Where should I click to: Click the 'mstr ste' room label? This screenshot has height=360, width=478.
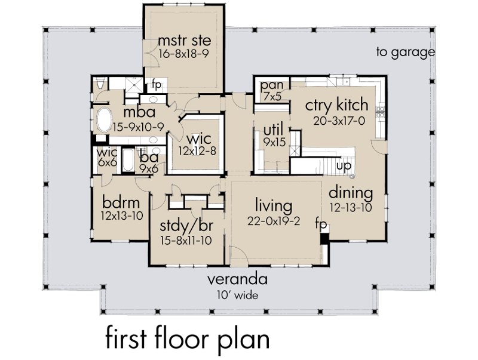[185, 40]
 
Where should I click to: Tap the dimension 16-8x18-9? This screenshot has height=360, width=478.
[184, 54]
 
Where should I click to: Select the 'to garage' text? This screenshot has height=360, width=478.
[406, 52]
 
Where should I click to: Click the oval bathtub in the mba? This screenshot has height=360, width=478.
[104, 119]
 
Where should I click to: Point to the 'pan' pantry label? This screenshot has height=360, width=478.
[272, 86]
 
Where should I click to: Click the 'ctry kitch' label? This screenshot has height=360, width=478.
[336, 104]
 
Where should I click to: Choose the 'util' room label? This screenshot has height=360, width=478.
[273, 130]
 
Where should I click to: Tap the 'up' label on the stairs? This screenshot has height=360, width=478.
[344, 167]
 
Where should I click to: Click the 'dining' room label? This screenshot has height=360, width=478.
[351, 193]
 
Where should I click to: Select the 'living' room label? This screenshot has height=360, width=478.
[274, 205]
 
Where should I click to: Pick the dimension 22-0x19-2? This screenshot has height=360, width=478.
[274, 221]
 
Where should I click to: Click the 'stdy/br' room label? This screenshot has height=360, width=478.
[186, 226]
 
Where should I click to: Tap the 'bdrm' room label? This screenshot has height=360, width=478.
[121, 202]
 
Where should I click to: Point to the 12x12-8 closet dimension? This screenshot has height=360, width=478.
[197, 151]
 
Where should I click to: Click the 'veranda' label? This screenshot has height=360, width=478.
[237, 279]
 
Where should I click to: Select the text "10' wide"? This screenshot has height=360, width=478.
[237, 295]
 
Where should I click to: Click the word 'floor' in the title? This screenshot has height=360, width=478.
[182, 337]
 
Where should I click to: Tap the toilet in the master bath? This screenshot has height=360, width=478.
[100, 82]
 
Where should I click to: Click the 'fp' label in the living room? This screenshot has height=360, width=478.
[321, 224]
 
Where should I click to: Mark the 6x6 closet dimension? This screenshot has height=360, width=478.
[108, 162]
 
